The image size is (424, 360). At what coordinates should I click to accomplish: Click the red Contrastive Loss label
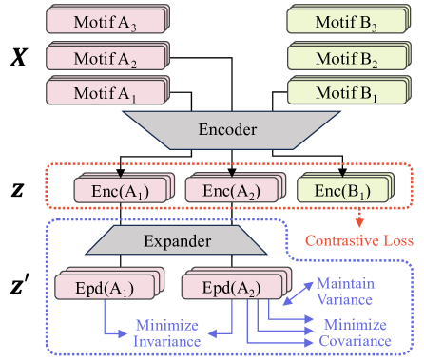pyautogui.click(x=358, y=241)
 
